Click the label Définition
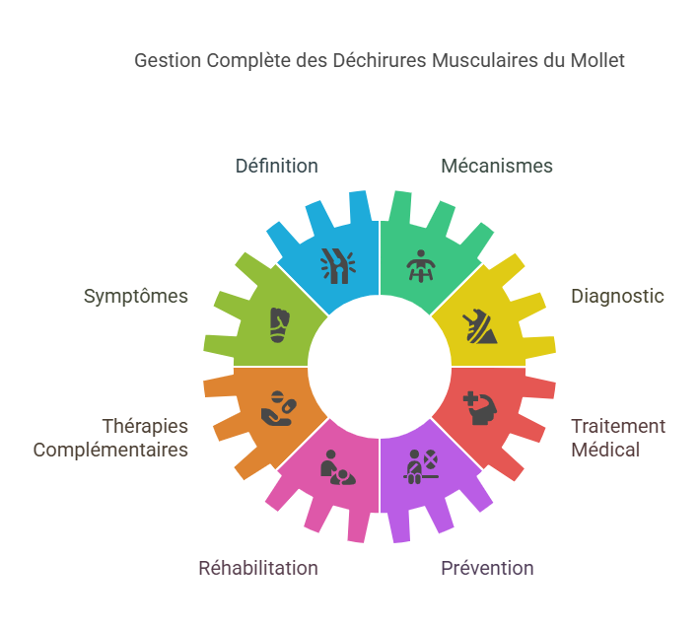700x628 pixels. tap(276, 166)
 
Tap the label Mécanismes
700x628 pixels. tap(496, 166)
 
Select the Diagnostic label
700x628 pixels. tap(617, 296)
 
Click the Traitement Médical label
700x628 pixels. tap(618, 438)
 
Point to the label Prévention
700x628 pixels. tap(487, 568)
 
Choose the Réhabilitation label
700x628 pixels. tap(258, 568)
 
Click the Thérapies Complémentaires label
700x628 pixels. tap(110, 438)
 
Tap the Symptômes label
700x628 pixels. tap(135, 296)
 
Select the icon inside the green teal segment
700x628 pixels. tap(422, 266)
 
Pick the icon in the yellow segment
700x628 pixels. tap(482, 325)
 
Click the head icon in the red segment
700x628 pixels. tap(480, 407)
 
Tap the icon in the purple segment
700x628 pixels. tap(422, 465)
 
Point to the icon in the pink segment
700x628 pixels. tap(338, 466)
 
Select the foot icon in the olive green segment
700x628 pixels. tap(280, 325)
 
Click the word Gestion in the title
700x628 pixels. tap(166, 60)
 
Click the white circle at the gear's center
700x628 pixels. tap(380, 367)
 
